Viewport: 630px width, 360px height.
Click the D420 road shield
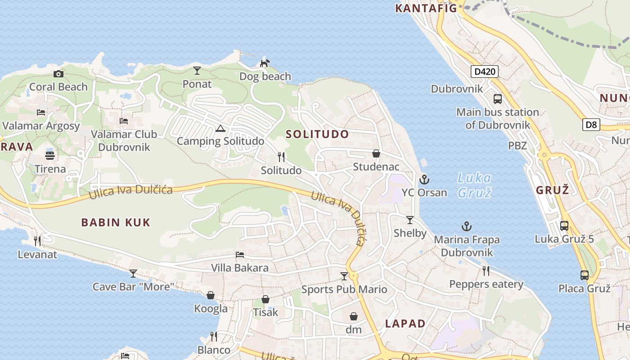coord(485,72)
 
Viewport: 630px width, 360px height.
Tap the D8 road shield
coord(591,125)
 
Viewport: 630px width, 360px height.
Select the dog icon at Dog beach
coord(265,63)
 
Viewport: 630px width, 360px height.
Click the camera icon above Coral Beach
coord(58,74)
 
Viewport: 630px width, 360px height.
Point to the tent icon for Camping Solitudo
coord(220,129)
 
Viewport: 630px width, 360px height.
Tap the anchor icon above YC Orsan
coord(424,180)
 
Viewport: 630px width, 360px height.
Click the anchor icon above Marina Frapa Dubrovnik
coord(467,226)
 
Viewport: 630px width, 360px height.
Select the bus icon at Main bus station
coord(497,99)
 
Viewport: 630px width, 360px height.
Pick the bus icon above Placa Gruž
coord(584,275)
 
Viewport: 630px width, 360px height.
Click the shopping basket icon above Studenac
coord(376,154)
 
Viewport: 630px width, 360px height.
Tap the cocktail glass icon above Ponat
coord(197,71)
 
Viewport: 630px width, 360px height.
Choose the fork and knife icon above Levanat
coord(37,241)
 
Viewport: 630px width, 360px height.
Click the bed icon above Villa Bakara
coord(240,255)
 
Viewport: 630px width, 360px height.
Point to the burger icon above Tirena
coord(50,156)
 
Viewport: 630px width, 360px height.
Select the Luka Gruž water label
coord(474,184)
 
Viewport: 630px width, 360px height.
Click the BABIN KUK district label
coord(116,222)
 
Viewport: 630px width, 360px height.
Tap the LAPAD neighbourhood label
coord(405,324)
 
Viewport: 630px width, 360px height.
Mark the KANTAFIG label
coord(426,8)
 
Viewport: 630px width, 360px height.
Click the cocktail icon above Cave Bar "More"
coord(133,273)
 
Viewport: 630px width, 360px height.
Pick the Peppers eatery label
coord(486,284)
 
